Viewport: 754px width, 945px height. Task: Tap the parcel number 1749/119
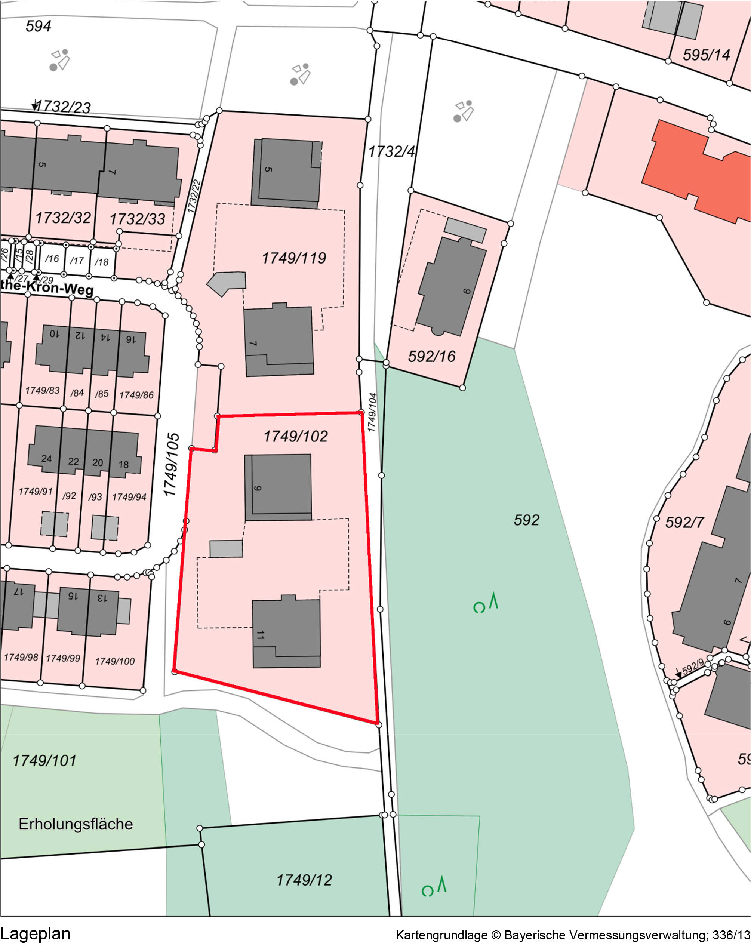(294, 258)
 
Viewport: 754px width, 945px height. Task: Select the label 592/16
(432, 356)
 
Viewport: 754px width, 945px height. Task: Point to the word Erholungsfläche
(76, 824)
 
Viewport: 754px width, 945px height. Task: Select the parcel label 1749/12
(304, 880)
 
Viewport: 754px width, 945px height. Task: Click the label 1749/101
(44, 760)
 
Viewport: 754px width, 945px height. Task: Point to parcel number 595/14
(706, 55)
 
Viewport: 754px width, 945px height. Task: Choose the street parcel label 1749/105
(172, 465)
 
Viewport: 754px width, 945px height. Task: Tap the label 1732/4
(391, 152)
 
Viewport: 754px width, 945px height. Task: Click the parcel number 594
(38, 26)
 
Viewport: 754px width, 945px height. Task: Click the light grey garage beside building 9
(226, 549)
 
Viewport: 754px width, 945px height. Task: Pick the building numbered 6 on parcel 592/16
(452, 287)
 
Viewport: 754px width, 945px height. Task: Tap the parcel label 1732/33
(137, 219)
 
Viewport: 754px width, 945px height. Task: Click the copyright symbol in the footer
(496, 935)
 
